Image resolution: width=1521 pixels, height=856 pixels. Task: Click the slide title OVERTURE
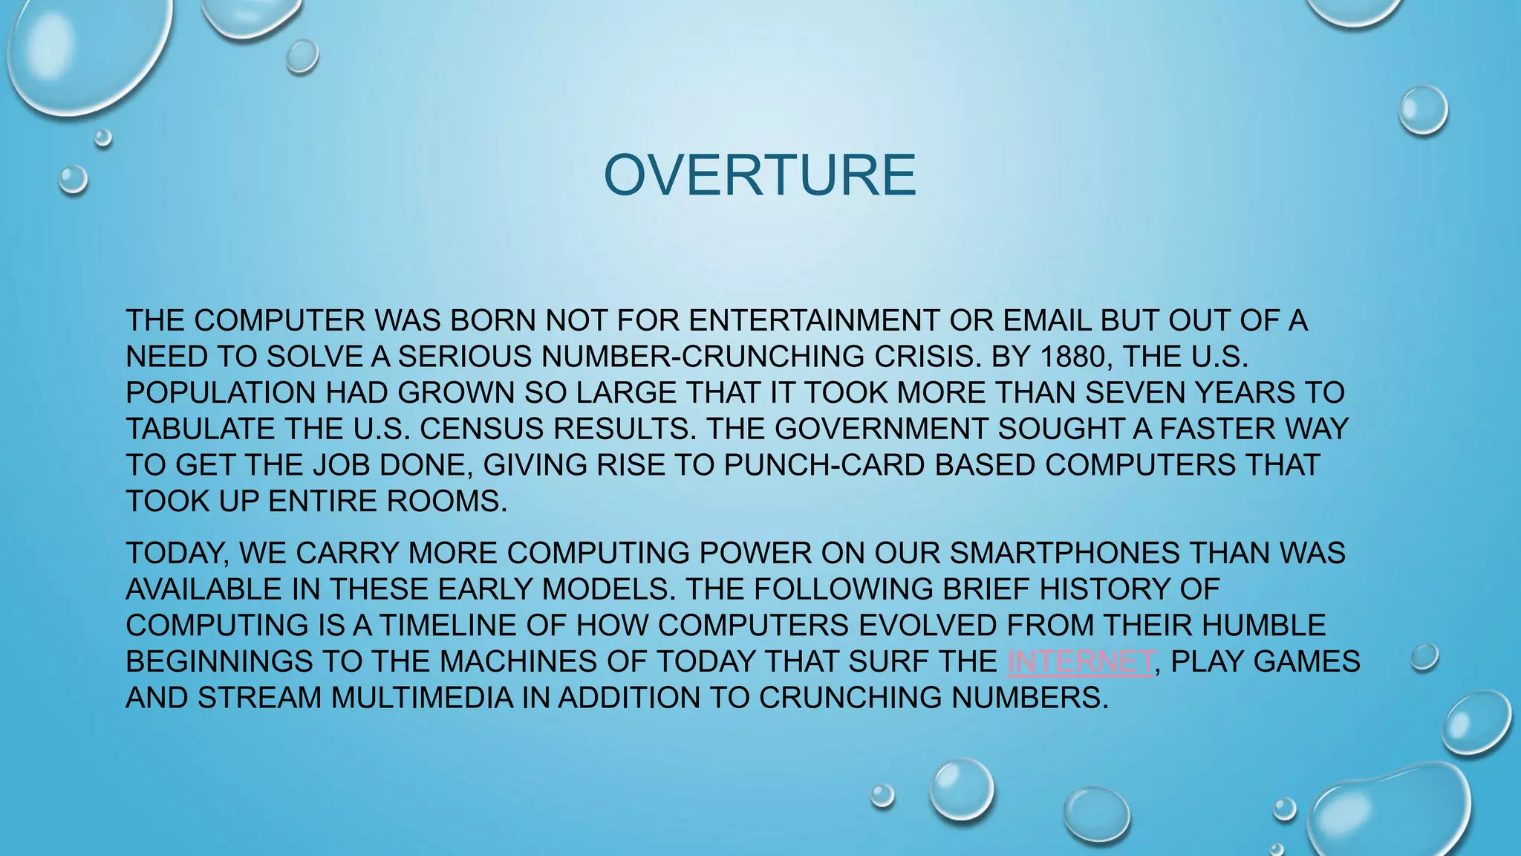point(760,175)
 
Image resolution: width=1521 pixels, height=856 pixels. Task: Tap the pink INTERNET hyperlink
point(1081,661)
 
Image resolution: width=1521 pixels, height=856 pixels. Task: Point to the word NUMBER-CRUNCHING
point(703,357)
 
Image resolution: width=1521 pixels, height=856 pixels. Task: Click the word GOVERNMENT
point(881,429)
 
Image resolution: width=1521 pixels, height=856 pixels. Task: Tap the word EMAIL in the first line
point(1048,321)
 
